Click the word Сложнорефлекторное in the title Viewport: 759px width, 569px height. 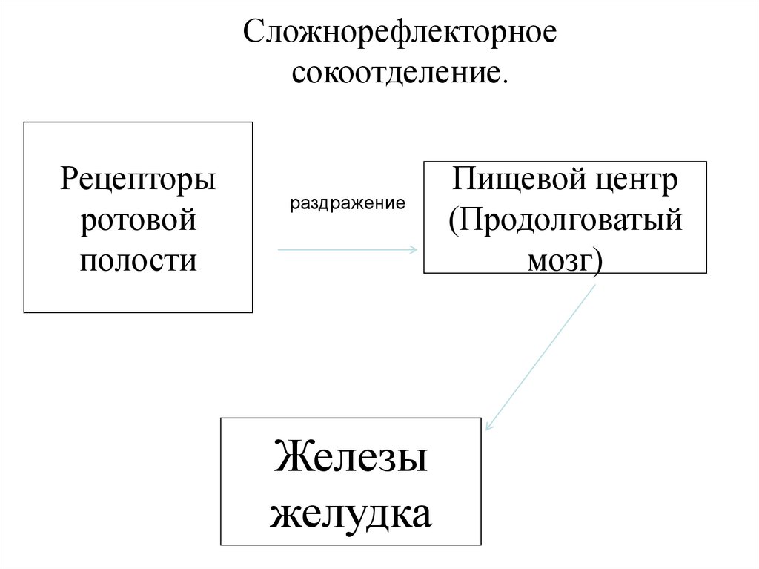click(x=401, y=36)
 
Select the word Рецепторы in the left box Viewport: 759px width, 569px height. click(x=139, y=180)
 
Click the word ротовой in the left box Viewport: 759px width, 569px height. click(x=139, y=220)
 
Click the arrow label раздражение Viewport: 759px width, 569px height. click(x=348, y=203)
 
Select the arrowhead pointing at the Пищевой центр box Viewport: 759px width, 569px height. click(x=414, y=250)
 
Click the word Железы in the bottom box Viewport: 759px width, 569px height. click(x=351, y=457)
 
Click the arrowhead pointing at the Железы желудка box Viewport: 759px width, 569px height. click(x=489, y=426)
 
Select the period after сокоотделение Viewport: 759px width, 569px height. click(x=506, y=80)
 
